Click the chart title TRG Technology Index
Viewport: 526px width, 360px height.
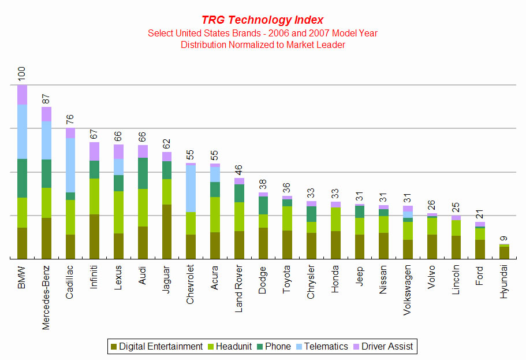click(262, 20)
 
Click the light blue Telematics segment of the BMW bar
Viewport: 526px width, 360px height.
click(22, 132)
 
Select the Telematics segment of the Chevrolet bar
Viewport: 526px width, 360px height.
click(191, 188)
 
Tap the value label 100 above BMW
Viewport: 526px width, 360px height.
click(22, 73)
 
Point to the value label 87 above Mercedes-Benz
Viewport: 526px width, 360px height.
click(46, 99)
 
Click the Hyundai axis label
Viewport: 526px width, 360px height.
click(503, 281)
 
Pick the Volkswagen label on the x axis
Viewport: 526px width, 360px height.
click(407, 290)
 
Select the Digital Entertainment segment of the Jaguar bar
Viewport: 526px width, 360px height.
click(167, 232)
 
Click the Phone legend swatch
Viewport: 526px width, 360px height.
click(260, 347)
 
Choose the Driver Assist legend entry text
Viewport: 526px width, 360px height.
click(387, 346)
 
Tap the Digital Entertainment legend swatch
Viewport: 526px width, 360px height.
click(114, 347)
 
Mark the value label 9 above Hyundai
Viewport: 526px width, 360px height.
click(503, 239)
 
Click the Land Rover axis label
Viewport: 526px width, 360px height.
click(238, 288)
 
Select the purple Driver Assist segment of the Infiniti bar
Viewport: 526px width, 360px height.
click(94, 151)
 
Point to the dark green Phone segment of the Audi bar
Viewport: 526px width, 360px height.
click(143, 173)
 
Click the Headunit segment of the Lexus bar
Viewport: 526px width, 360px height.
click(118, 212)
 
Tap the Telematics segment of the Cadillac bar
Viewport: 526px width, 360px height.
click(70, 165)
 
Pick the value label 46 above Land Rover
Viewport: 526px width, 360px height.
click(238, 170)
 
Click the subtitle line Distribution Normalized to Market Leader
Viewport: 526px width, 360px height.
click(263, 44)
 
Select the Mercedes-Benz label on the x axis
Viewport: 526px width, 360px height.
click(46, 298)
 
